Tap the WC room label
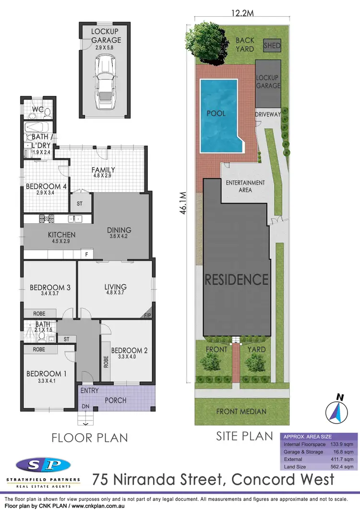tap(38, 109)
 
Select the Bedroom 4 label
tap(43, 186)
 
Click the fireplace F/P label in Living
tap(147, 316)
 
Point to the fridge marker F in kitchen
tap(87, 253)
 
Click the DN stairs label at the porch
tap(85, 407)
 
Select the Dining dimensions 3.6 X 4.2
tap(119, 237)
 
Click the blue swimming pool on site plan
tap(218, 114)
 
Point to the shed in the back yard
tap(272, 46)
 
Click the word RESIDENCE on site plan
tap(237, 279)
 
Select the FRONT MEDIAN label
tap(241, 411)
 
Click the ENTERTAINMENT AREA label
tap(245, 186)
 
